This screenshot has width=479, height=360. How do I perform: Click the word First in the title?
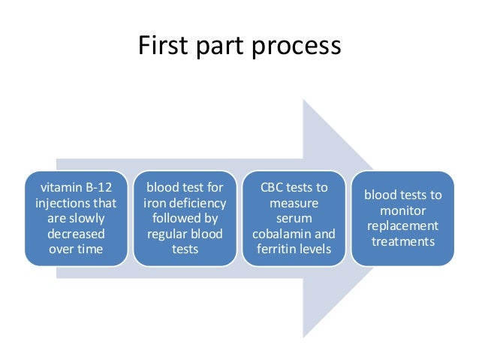coord(163,45)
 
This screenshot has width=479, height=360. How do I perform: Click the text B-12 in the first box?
coord(99,187)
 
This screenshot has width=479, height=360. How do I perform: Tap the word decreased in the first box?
coord(76,234)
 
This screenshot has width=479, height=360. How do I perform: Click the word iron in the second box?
coord(155,203)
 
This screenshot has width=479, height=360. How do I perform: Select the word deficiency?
coord(197,204)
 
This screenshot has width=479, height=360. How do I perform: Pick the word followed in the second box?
coord(174,219)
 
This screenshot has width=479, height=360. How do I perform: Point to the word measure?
coord(294,204)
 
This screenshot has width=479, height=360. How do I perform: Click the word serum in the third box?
coord(294,219)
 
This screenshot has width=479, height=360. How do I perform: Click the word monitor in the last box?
coord(402,210)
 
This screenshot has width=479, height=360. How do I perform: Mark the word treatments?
coord(403,242)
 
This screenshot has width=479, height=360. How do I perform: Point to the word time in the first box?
coord(90,249)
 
